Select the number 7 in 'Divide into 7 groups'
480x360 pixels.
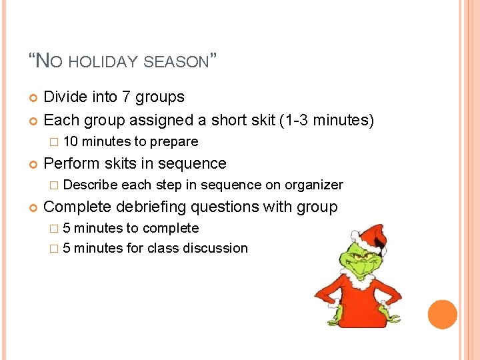tap(127, 97)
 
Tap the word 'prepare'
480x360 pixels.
tap(174, 141)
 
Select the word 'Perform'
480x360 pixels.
tap(71, 163)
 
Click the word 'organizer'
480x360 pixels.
tap(314, 185)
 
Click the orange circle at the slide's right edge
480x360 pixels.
tap(442, 315)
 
